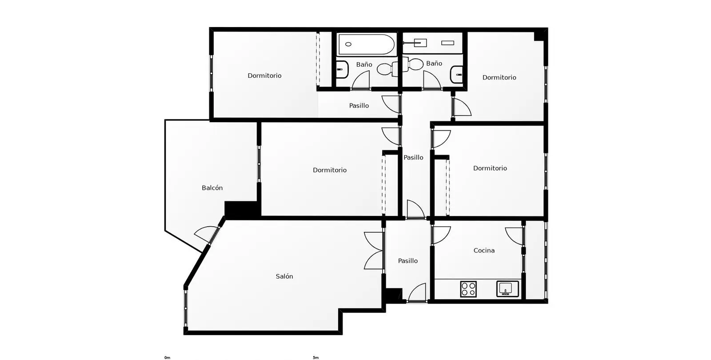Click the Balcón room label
(x=212, y=188)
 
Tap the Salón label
(x=284, y=276)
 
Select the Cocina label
(x=484, y=251)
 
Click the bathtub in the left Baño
(x=366, y=44)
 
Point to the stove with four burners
(x=468, y=289)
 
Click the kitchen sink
(x=507, y=289)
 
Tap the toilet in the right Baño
(x=413, y=64)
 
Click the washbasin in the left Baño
(x=342, y=69)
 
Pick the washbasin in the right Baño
(x=456, y=75)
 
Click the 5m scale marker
(x=316, y=357)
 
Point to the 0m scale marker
(x=167, y=357)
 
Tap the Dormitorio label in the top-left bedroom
(x=264, y=76)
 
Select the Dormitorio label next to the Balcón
(x=329, y=170)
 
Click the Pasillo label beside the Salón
(x=407, y=260)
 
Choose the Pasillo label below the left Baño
(x=359, y=105)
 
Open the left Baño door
(x=361, y=80)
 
